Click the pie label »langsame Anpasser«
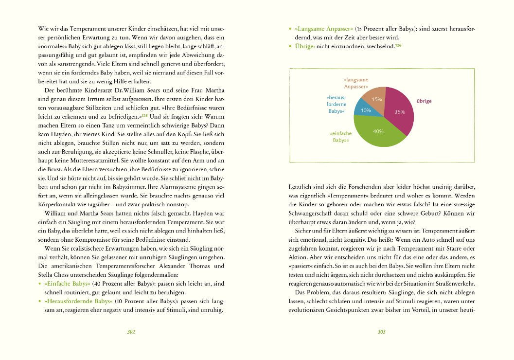coord(356,83)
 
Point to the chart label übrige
coord(424,101)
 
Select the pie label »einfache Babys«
coord(341,137)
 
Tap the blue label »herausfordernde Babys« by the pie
coord(337,104)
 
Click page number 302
coord(130,332)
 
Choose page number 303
coord(381,332)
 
